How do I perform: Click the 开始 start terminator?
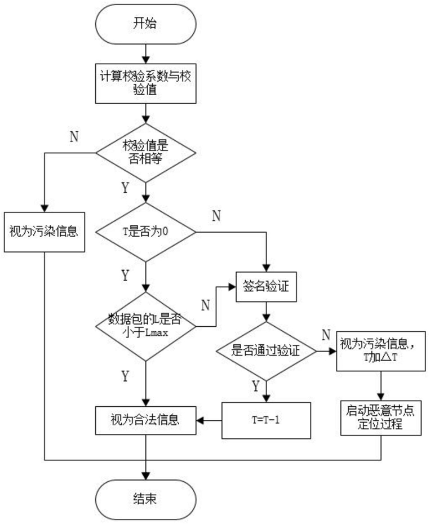pyautogui.click(x=145, y=24)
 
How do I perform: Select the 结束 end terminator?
pyautogui.click(x=145, y=500)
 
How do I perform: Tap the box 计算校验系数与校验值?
pyautogui.click(x=145, y=83)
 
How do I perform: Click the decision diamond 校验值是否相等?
pyautogui.click(x=146, y=153)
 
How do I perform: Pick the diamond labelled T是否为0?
pyautogui.click(x=146, y=232)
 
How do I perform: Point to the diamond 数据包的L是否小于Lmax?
pyautogui.click(x=146, y=326)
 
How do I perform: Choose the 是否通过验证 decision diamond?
pyautogui.click(x=266, y=351)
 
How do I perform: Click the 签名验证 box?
pyautogui.click(x=266, y=287)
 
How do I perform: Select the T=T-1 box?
pyautogui.click(x=266, y=420)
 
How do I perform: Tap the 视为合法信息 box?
pyautogui.click(x=145, y=420)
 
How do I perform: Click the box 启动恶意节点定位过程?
pyautogui.click(x=381, y=418)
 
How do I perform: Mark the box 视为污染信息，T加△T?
pyautogui.click(x=381, y=351)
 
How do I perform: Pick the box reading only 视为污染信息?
pyautogui.click(x=44, y=232)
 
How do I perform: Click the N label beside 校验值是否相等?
pyautogui.click(x=74, y=137)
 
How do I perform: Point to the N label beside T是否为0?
pyautogui.click(x=216, y=216)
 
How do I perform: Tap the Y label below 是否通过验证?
pyautogui.click(x=256, y=386)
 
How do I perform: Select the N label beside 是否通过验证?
pyautogui.click(x=326, y=335)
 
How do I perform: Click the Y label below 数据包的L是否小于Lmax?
pyautogui.click(x=125, y=376)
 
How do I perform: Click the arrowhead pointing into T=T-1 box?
pyautogui.click(x=266, y=398)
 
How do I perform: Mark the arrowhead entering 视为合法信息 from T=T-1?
pyautogui.click(x=200, y=420)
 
